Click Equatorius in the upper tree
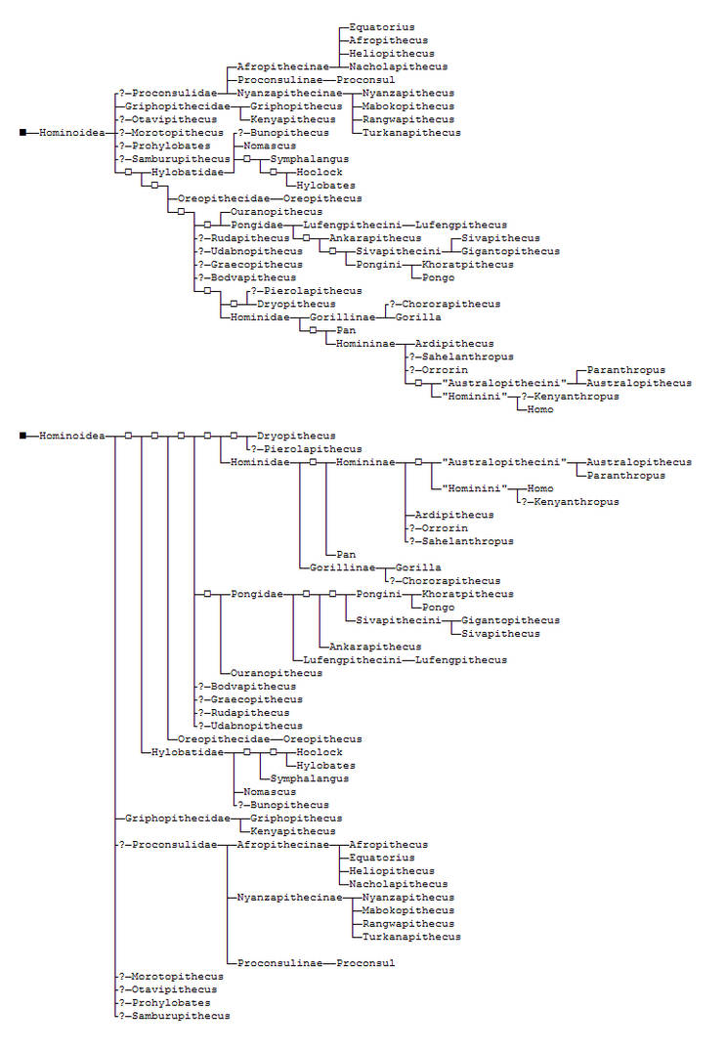(382, 27)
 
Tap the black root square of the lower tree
(22, 436)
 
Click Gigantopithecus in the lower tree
(510, 620)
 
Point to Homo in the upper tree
(539, 409)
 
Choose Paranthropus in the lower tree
(625, 476)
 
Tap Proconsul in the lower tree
(365, 963)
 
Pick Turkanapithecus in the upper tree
(411, 133)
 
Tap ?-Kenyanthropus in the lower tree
(570, 502)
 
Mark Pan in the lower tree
(346, 554)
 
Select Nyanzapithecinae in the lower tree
(289, 898)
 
